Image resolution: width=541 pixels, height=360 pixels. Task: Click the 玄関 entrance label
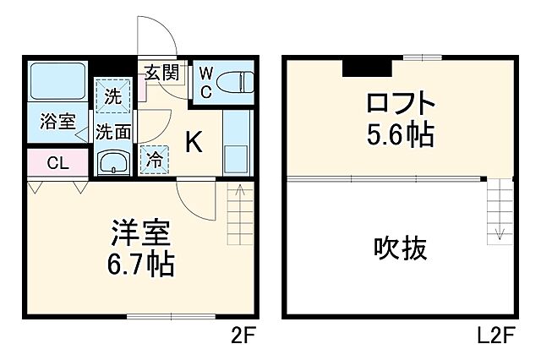point(161,73)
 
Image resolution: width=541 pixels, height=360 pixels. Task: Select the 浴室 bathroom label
point(57,121)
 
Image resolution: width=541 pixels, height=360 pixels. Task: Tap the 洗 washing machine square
point(113,95)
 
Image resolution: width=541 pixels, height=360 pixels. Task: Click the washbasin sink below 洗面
point(112,161)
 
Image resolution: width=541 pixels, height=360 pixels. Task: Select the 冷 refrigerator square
point(155,158)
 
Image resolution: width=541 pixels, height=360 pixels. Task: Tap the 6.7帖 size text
point(140,265)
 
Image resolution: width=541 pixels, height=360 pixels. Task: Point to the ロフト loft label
point(400,105)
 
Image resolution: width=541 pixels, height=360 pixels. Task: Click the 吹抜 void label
point(400,248)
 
